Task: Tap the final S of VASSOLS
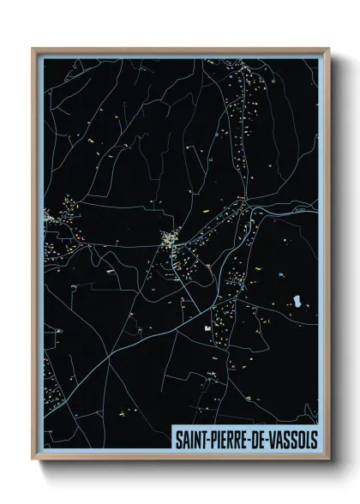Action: (313, 438)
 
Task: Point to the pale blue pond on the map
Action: (297, 302)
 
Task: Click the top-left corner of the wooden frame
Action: (33, 49)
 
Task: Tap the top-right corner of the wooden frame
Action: (329, 49)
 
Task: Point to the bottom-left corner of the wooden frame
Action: (33, 461)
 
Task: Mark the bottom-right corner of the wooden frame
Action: (329, 461)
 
